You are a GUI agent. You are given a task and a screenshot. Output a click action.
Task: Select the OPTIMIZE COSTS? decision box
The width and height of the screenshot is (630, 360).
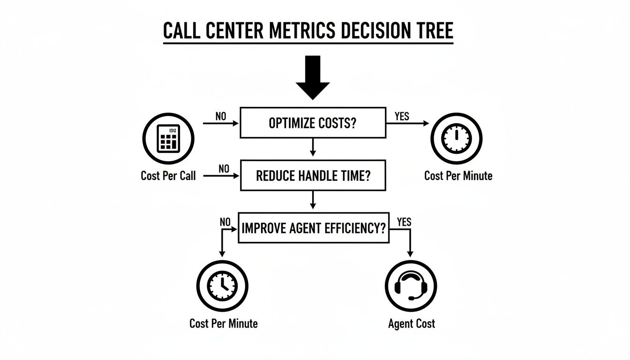click(x=312, y=123)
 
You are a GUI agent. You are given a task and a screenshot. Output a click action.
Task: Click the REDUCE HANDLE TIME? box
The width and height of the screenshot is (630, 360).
click(x=312, y=175)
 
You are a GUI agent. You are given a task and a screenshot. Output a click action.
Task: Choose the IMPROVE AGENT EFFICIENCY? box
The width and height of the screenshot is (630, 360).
click(x=314, y=228)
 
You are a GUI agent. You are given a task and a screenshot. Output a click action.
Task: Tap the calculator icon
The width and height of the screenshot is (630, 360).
click(x=168, y=138)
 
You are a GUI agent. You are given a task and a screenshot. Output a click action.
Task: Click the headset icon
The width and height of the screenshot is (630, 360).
click(x=411, y=285)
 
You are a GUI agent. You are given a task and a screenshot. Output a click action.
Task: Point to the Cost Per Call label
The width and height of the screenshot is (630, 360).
click(x=168, y=176)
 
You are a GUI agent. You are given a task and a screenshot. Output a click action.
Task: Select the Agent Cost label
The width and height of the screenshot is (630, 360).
click(x=412, y=323)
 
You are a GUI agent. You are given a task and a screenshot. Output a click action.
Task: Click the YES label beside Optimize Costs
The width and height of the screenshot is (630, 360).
click(x=402, y=116)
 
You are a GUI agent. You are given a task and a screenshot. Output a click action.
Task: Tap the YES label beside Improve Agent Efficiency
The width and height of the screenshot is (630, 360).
click(x=404, y=222)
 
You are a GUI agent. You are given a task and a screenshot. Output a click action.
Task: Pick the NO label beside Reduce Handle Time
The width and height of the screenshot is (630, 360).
click(x=224, y=169)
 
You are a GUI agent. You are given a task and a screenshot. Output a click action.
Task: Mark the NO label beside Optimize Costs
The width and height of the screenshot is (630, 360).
click(x=221, y=116)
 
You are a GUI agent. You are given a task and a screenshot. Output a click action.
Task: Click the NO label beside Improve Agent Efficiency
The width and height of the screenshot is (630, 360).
click(x=225, y=222)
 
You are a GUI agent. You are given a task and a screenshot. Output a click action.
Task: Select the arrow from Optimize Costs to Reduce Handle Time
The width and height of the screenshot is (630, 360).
click(x=313, y=148)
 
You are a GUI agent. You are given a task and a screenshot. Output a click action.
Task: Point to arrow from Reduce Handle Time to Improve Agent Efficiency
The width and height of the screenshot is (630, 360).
click(x=313, y=200)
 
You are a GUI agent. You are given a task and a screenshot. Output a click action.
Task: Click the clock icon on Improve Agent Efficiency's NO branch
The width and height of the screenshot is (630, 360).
click(x=222, y=285)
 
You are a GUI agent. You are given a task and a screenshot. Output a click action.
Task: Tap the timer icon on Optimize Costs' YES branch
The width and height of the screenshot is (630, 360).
click(x=457, y=138)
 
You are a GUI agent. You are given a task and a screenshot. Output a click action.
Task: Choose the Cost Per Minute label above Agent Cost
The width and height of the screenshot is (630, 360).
click(x=458, y=176)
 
